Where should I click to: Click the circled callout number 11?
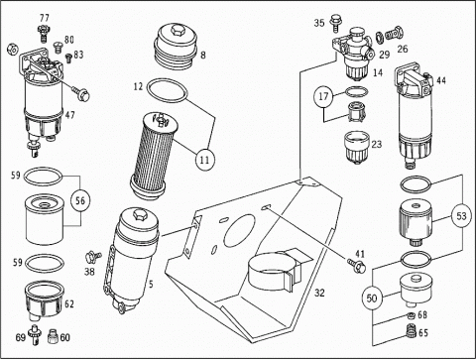205,160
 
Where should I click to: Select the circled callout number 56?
80,200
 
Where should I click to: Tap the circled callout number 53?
461,216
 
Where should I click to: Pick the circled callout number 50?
372,299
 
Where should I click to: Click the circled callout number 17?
323,96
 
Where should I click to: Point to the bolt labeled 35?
335,22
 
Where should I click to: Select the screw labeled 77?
44,34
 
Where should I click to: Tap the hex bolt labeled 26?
395,33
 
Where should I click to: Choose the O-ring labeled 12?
167,90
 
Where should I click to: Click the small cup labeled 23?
356,148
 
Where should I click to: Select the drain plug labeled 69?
34,334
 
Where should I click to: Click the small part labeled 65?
411,331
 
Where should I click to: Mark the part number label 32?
319,293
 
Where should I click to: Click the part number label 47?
69,115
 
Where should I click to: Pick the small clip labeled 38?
93,256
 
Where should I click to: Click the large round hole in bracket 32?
240,231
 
